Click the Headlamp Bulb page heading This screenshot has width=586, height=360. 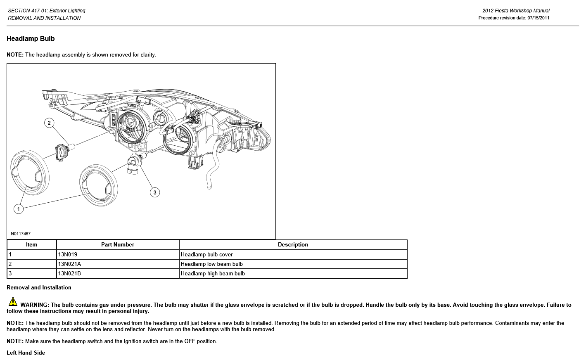pos(31,39)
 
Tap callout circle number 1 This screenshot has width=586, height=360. pos(18,209)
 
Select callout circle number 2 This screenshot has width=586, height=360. pos(49,123)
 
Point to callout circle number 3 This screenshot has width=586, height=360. pos(155,192)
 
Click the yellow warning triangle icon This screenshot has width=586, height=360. pos(13,302)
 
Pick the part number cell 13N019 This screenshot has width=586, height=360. pos(68,255)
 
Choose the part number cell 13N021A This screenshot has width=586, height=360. pos(69,264)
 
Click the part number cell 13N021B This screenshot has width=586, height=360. pos(69,274)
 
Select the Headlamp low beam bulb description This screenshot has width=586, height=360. pos(211,264)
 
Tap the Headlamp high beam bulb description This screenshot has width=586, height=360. pos(213,274)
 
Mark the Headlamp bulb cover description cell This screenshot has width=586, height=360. pos(206,255)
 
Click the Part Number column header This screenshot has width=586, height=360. pos(118,245)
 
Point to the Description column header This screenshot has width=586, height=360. pos(293,245)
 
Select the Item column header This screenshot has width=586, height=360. pos(31,245)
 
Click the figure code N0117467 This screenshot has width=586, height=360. pos(21,234)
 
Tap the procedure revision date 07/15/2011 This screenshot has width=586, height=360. pos(538,18)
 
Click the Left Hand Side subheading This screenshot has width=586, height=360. pos(26,353)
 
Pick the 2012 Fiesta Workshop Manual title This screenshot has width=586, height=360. pos(516,11)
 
